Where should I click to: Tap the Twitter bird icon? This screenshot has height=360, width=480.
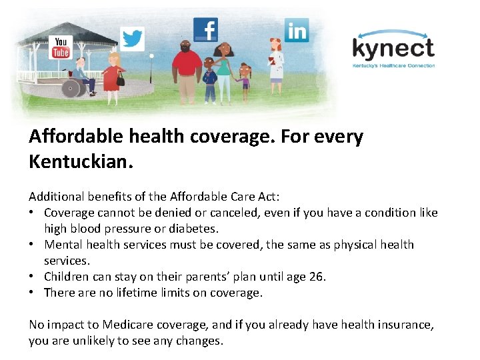133,39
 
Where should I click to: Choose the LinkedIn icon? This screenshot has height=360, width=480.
297,31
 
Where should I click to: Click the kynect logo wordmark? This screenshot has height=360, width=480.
393,48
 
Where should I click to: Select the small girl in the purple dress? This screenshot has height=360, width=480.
245,79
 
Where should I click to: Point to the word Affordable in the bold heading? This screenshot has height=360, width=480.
74,137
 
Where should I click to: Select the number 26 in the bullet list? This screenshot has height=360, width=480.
316,277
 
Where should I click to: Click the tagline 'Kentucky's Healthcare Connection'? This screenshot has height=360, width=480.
393,65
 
